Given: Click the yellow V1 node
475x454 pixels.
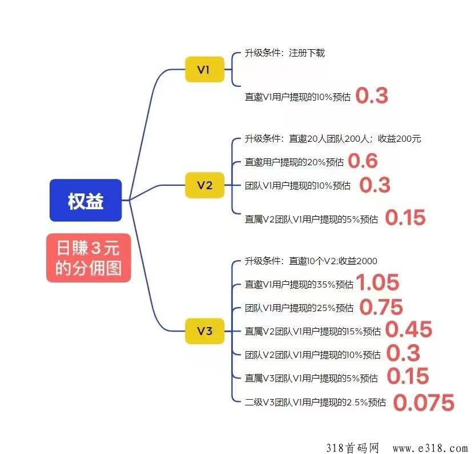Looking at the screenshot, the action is (x=204, y=70).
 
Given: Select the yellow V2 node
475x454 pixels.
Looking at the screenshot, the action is (x=204, y=185).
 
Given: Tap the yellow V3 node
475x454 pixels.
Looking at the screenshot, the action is (x=204, y=331).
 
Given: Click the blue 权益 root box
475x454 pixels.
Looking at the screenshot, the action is (x=86, y=200).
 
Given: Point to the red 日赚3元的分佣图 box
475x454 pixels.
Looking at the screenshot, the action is (x=88, y=258).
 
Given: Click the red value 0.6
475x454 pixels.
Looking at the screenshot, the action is (x=363, y=161).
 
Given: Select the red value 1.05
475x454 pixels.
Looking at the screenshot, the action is (x=377, y=282).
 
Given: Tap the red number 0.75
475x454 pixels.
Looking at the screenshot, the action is (x=381, y=307).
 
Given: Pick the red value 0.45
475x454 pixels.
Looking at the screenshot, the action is (x=409, y=329).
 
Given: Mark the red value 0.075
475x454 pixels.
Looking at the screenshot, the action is (x=424, y=403).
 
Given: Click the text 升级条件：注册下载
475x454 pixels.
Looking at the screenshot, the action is (x=285, y=53).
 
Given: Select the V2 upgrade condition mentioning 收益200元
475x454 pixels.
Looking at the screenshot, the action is (x=333, y=139).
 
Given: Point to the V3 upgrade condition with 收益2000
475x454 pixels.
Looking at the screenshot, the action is (x=311, y=261).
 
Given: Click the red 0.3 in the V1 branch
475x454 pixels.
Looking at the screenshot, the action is (x=372, y=95).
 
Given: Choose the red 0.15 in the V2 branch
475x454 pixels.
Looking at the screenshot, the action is (x=405, y=218).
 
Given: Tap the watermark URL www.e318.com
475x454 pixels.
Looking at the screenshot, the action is (x=430, y=448).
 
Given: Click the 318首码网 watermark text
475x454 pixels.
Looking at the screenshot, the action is (x=353, y=448).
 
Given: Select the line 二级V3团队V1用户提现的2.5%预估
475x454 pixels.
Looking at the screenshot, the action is (x=315, y=403).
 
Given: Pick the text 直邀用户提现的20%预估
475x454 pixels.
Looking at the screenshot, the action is (x=294, y=162).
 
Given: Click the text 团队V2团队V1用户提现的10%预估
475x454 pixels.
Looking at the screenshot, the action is (x=313, y=355).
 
